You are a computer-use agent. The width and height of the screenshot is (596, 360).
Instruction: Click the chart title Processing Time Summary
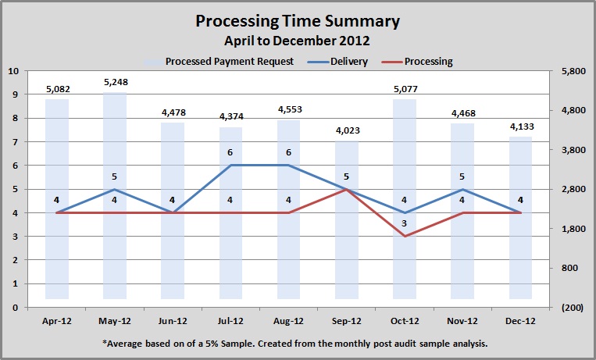click(297, 21)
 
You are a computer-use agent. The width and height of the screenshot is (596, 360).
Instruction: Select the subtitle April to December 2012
click(297, 39)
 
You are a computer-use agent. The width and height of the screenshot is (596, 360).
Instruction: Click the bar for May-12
click(114, 195)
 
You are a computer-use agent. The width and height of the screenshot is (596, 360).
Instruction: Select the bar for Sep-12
click(346, 219)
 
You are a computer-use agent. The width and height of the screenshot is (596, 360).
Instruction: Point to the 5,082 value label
click(56, 89)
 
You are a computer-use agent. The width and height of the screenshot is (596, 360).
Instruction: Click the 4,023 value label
click(346, 131)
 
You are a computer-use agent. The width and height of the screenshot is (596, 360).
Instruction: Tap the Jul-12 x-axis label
click(230, 320)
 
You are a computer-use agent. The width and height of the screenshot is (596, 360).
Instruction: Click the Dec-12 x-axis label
click(520, 320)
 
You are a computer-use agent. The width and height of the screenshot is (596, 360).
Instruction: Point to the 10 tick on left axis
click(13, 71)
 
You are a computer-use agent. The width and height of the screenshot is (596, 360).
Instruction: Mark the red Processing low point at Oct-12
click(404, 236)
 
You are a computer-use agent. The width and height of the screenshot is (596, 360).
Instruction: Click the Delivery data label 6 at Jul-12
click(230, 153)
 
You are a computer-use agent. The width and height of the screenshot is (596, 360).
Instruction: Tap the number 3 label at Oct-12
click(404, 224)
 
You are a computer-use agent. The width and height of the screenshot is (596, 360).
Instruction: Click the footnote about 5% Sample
click(297, 343)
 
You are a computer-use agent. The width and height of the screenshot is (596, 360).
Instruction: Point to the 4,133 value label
click(520, 127)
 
